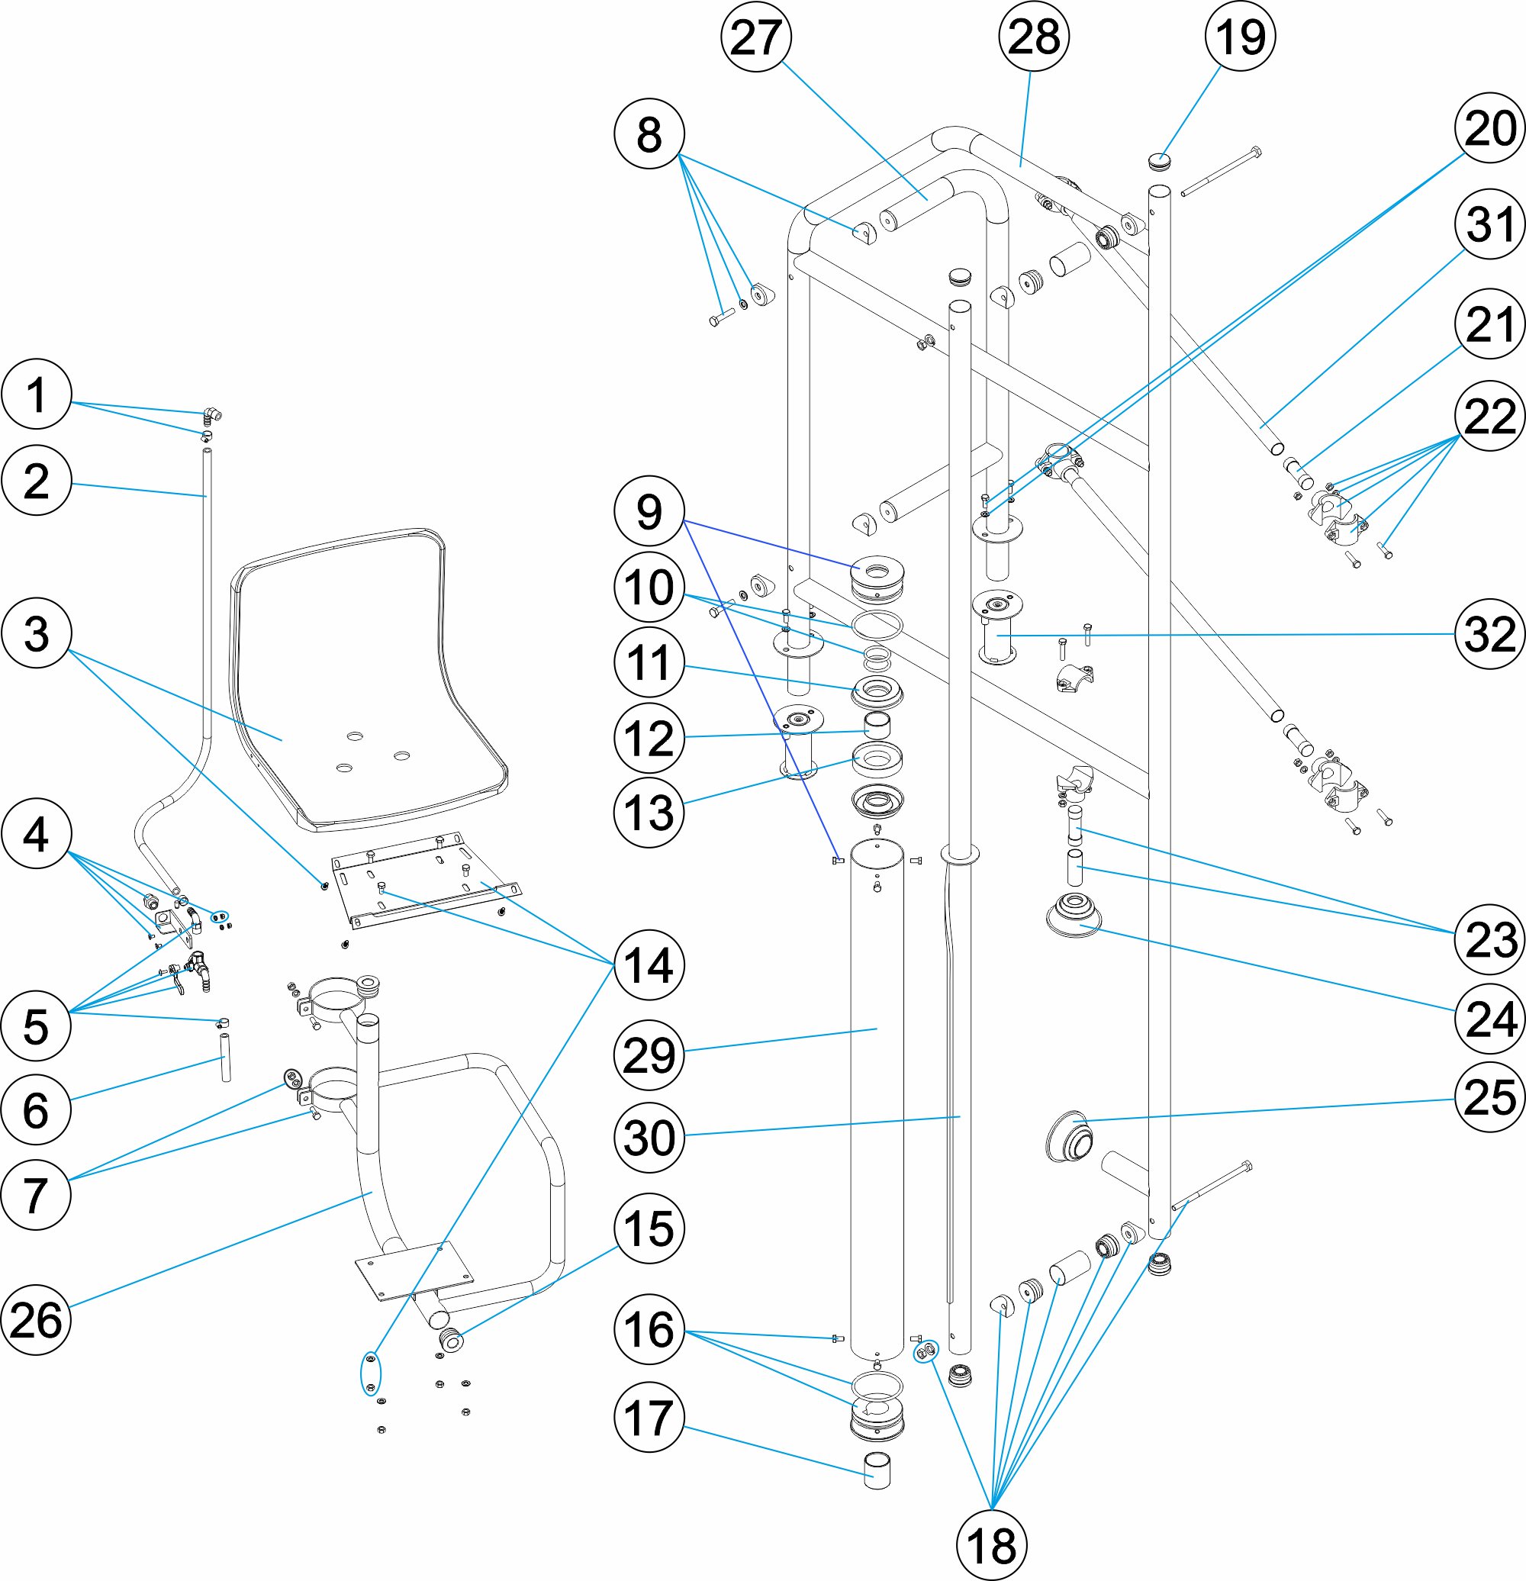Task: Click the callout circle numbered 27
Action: [755, 37]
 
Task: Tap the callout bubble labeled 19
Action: [1240, 37]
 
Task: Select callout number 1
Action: [37, 394]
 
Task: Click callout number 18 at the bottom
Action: [991, 1545]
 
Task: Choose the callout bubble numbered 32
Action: [1489, 634]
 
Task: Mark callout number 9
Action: [649, 511]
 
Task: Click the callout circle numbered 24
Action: [1489, 1019]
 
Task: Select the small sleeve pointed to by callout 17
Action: [877, 1470]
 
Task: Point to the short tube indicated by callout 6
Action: [226, 1058]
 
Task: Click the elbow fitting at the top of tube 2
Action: [212, 415]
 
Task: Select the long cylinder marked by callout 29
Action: [877, 1097]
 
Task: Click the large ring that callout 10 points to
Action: [877, 624]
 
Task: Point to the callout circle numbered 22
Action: [1489, 416]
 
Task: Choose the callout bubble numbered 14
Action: [649, 964]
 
